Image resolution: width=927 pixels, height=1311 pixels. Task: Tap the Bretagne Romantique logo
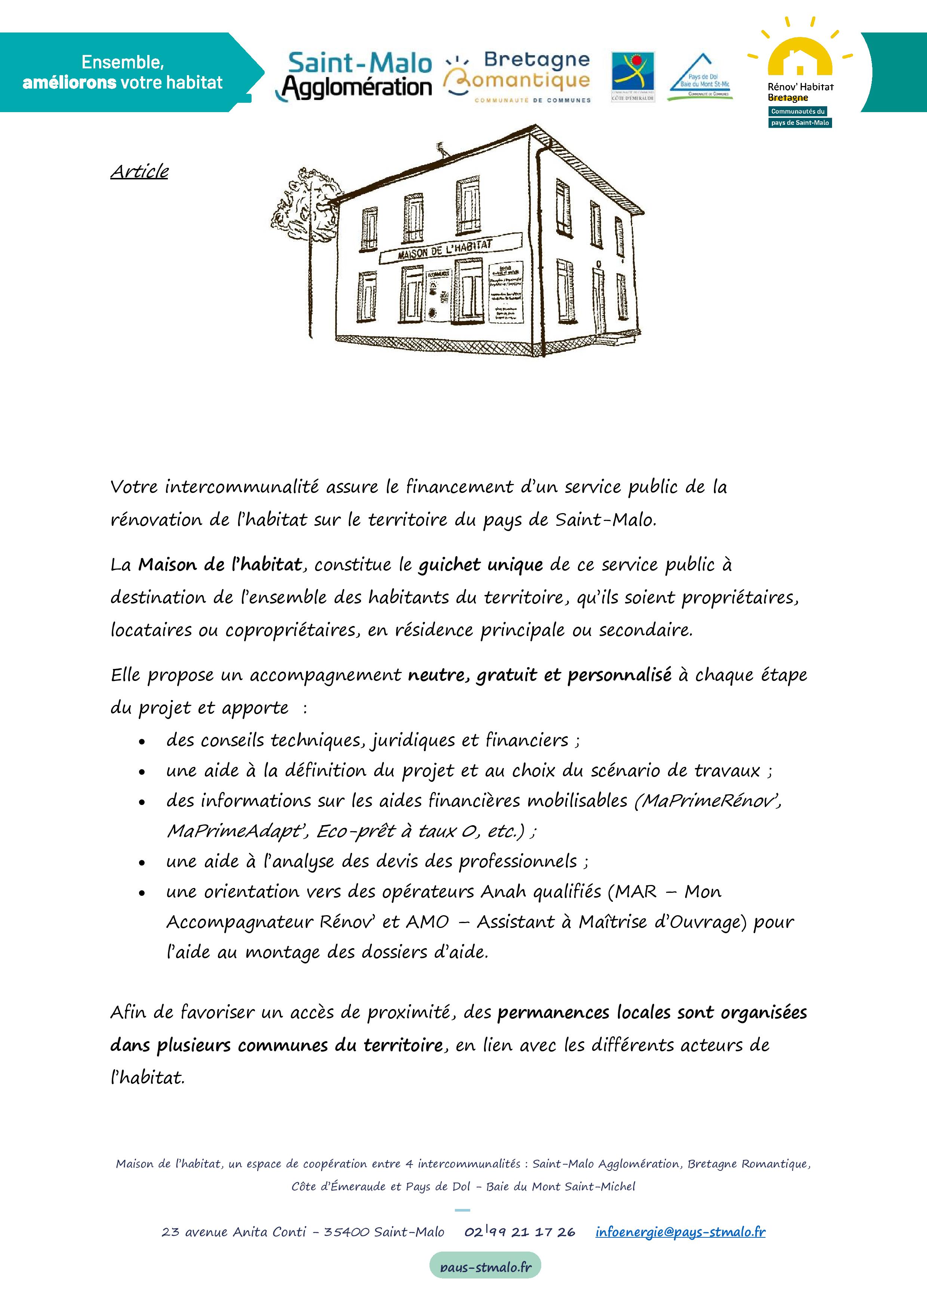pos(517,77)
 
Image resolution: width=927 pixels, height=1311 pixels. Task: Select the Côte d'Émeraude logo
pos(633,76)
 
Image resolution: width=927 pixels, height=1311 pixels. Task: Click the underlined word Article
pos(139,171)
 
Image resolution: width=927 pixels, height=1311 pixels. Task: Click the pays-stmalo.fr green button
pos(485,1268)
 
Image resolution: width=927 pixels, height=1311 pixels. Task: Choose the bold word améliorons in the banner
pos(69,83)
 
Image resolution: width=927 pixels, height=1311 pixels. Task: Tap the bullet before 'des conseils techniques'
pos(142,742)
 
